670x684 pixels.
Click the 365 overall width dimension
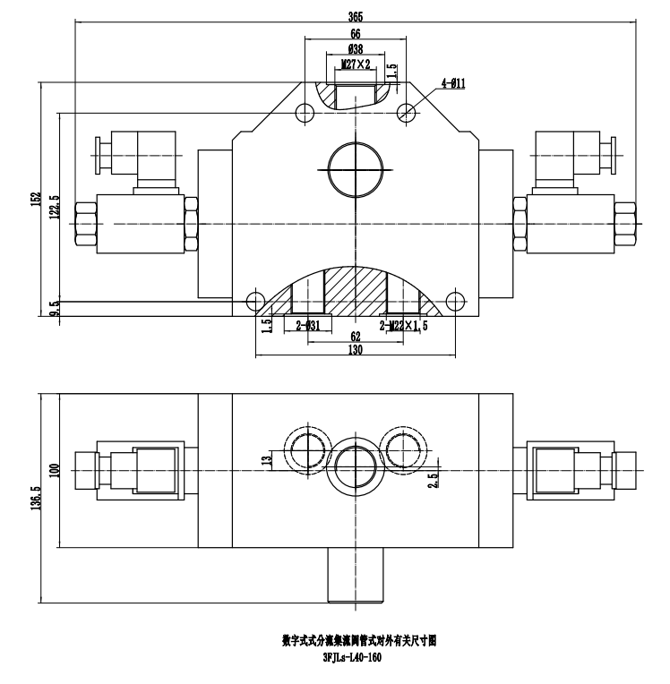(x=356, y=13)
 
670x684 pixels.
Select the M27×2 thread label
(x=356, y=64)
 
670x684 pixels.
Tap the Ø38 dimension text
(x=356, y=49)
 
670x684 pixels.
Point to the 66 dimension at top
(x=356, y=33)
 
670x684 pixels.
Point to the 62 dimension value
(x=356, y=338)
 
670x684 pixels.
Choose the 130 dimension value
(x=356, y=352)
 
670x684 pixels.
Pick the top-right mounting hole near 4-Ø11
(x=407, y=113)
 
